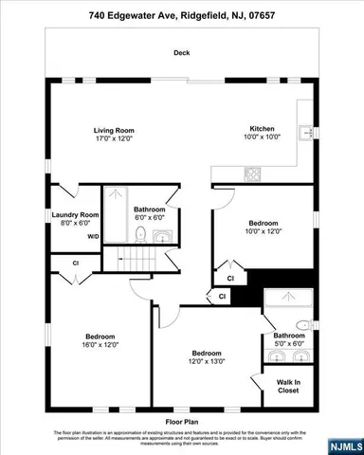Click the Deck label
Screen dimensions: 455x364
pyautogui.click(x=182, y=54)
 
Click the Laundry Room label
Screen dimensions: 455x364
pyautogui.click(x=75, y=215)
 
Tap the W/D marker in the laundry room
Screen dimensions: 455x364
pyautogui.click(x=93, y=237)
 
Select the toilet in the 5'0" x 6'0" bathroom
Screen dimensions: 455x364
pyautogui.click(x=300, y=325)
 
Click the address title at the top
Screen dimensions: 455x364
pyautogui.click(x=182, y=16)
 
